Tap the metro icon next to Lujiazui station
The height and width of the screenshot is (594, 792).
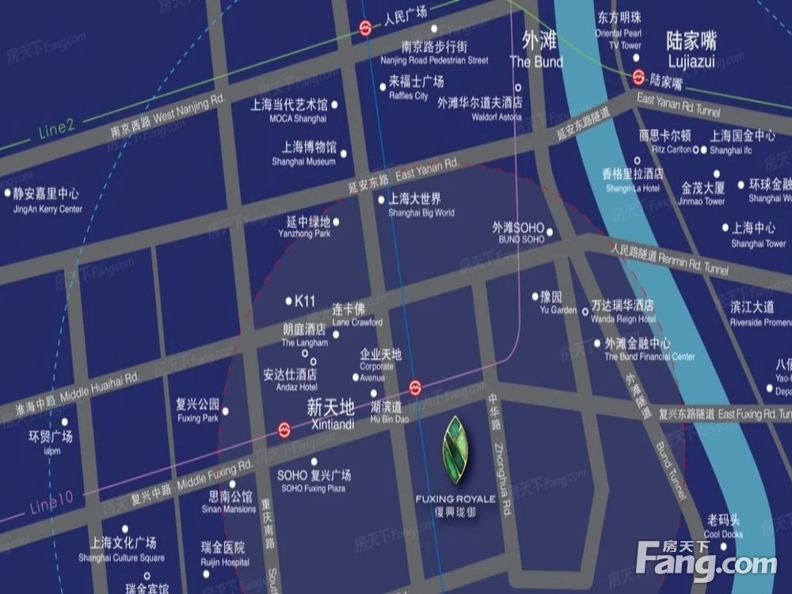[x=639, y=77]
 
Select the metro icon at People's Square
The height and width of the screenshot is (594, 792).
[x=364, y=29]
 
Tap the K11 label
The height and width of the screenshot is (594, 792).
[x=304, y=301]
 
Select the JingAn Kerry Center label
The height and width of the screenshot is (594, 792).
[x=48, y=200]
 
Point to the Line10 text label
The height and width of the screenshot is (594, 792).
[x=53, y=500]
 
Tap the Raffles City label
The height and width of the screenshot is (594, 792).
[x=415, y=87]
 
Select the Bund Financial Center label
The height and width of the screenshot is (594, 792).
[x=649, y=350]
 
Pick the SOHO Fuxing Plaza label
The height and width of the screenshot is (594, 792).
[x=313, y=482]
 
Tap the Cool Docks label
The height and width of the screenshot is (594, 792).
[x=723, y=527]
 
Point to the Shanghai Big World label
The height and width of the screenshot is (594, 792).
[x=421, y=205]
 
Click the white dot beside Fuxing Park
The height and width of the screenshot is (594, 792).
[x=227, y=411]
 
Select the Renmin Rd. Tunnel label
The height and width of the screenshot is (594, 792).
[x=669, y=258]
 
